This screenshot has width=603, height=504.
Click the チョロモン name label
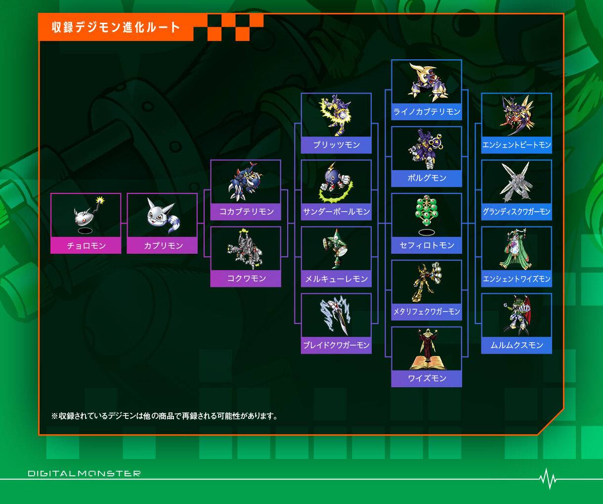tap(86, 246)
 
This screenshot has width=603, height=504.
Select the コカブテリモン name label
tap(246, 212)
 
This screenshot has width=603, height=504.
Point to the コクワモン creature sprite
tap(245, 248)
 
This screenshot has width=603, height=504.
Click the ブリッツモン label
tap(336, 144)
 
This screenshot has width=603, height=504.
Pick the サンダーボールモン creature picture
tap(336, 182)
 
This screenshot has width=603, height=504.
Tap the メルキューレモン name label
tap(336, 278)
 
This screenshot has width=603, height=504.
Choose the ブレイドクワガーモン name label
tap(336, 345)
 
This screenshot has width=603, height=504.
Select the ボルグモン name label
tap(427, 178)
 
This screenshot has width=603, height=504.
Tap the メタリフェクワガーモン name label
tap(427, 312)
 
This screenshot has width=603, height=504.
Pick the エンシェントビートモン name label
tap(517, 144)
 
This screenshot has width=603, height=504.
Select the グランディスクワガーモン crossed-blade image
tap(517, 182)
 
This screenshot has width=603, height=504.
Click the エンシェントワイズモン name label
tap(517, 278)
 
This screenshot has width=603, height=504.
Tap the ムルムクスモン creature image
tap(517, 316)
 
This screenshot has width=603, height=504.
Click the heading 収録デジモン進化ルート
tap(116, 27)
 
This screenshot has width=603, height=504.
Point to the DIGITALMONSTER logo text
tap(84, 473)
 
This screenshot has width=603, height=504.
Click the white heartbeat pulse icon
tap(548, 479)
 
